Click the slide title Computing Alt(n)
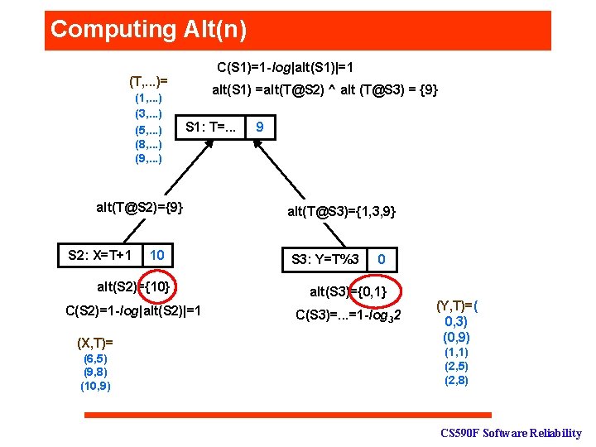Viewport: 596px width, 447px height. pos(149,30)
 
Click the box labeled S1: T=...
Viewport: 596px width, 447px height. pos(211,128)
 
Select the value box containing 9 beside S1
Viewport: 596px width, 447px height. pos(260,128)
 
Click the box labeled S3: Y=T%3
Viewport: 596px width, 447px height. pos(325,260)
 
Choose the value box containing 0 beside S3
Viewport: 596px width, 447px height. pos(381,260)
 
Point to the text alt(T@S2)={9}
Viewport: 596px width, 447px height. pos(140,207)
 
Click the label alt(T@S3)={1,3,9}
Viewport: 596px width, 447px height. pos(342,212)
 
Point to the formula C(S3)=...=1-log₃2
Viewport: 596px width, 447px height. pos(348,315)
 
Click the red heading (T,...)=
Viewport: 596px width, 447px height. pos(148,81)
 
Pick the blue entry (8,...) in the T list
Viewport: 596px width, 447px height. pos(148,143)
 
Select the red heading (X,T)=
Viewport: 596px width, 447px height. pos(94,342)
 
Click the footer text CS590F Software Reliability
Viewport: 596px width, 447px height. pos(510,433)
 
